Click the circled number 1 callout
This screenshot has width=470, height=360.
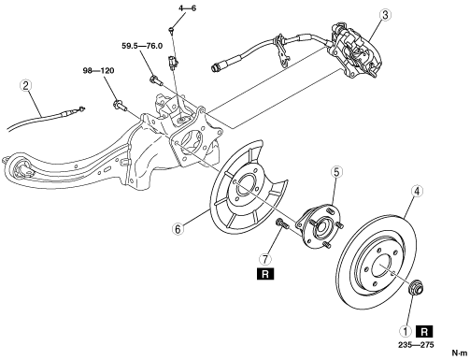(x=406, y=331)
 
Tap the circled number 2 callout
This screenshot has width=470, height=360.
(x=25, y=85)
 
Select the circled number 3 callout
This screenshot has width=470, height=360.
(x=385, y=15)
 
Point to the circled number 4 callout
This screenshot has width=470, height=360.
(x=417, y=191)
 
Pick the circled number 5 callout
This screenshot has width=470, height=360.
(x=336, y=172)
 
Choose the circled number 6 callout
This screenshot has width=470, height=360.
(x=178, y=229)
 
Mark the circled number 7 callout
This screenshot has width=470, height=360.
(x=265, y=259)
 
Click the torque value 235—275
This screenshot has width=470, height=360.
(x=416, y=345)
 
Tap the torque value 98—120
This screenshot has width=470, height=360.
(x=98, y=71)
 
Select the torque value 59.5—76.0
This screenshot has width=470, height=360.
(x=142, y=46)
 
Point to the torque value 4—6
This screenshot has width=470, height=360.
(x=188, y=8)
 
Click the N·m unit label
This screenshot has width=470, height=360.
(x=460, y=353)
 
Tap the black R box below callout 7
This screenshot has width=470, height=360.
(x=265, y=274)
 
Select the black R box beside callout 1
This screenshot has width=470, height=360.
(x=424, y=332)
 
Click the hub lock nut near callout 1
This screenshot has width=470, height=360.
(x=415, y=287)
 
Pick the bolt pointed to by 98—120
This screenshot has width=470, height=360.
(x=120, y=105)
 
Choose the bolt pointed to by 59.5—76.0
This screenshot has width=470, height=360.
(x=156, y=80)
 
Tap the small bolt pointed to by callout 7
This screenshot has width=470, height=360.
(x=281, y=224)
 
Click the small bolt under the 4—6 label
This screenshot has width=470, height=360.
(x=172, y=30)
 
